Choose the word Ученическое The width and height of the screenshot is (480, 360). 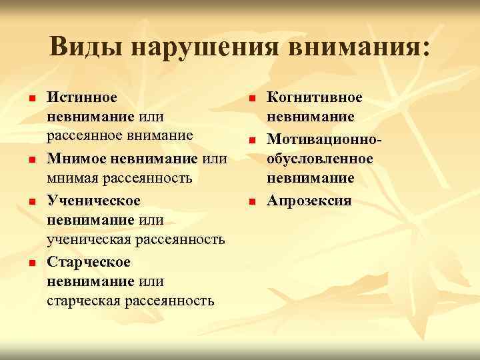pos(93,200)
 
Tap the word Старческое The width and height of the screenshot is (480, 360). pos(89,262)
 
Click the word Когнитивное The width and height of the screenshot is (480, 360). pos(315,97)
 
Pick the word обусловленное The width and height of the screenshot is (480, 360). pos(320,159)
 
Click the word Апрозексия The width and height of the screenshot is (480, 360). pos(309,200)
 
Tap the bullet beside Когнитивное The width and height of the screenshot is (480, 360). pos(252,99)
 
